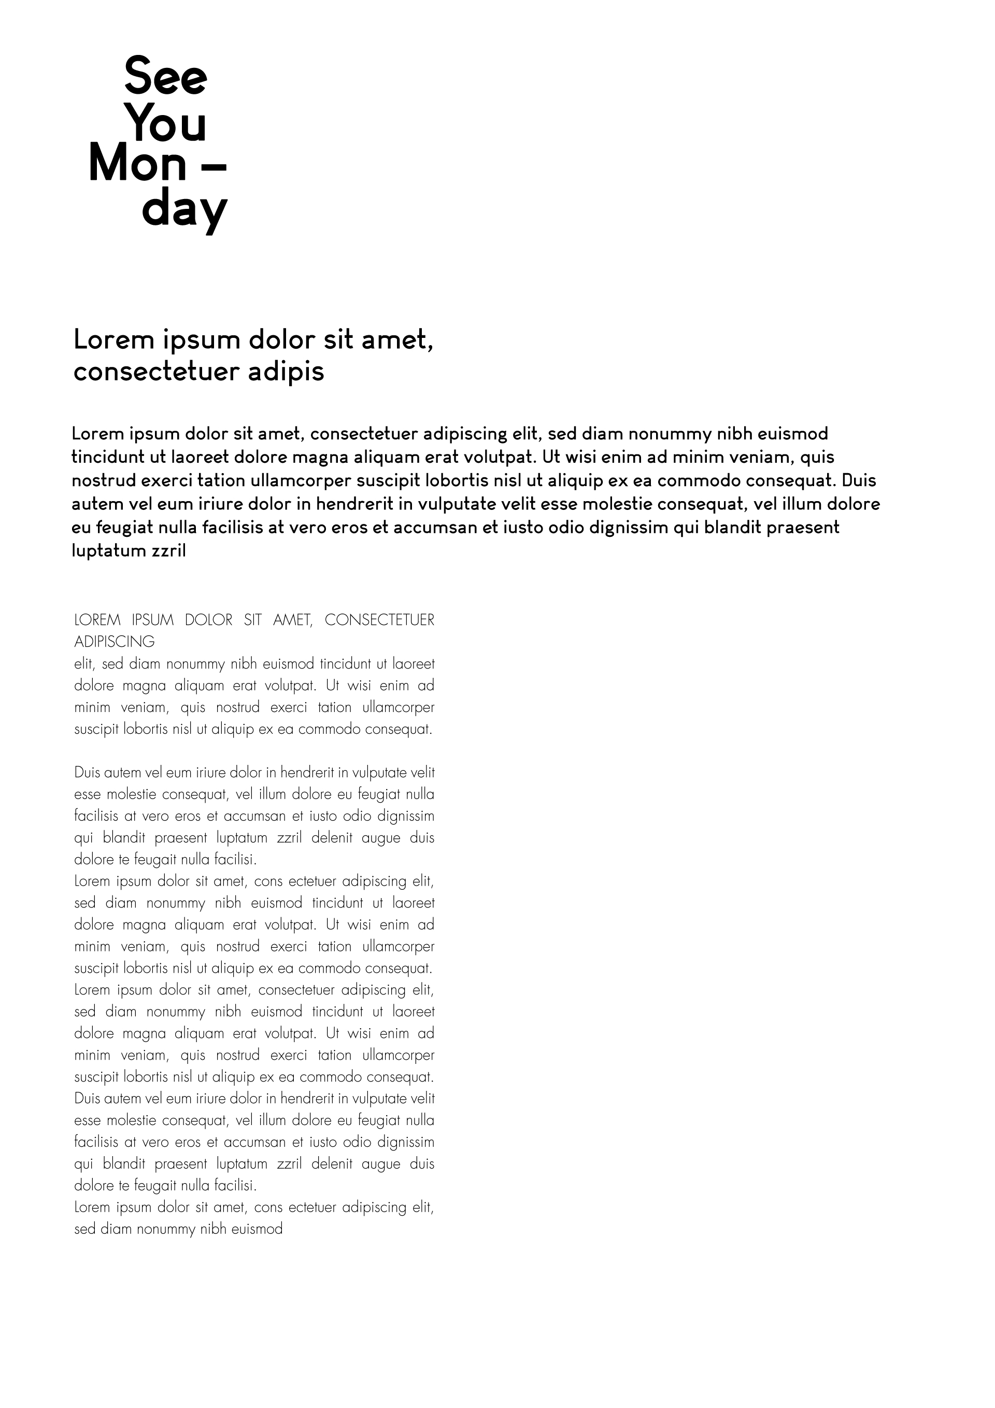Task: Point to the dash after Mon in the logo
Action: pos(214,166)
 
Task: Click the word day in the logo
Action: pos(184,210)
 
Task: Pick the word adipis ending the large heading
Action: pos(286,372)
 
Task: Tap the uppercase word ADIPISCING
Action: pos(114,642)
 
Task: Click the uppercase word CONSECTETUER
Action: pos(379,620)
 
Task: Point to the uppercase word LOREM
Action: pos(97,620)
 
